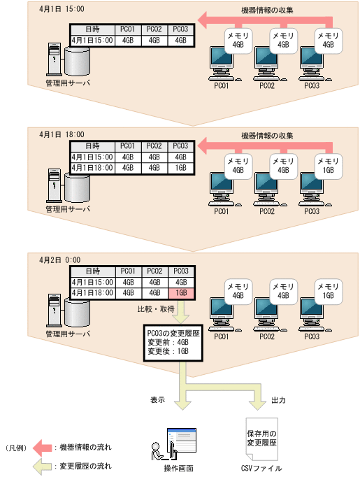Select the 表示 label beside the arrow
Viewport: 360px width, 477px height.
(x=157, y=401)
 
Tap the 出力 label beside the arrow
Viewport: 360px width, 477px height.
(x=278, y=401)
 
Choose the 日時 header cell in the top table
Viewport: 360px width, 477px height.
(x=92, y=29)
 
